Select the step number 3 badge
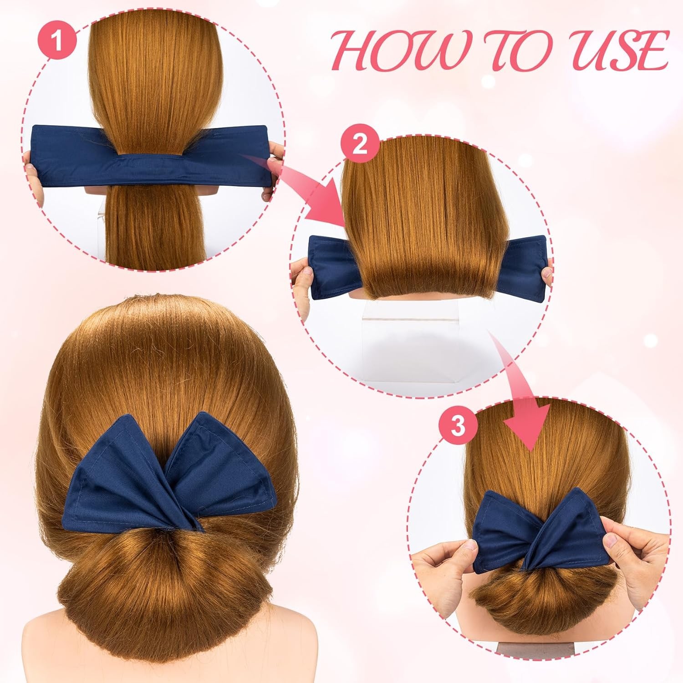click(458, 426)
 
